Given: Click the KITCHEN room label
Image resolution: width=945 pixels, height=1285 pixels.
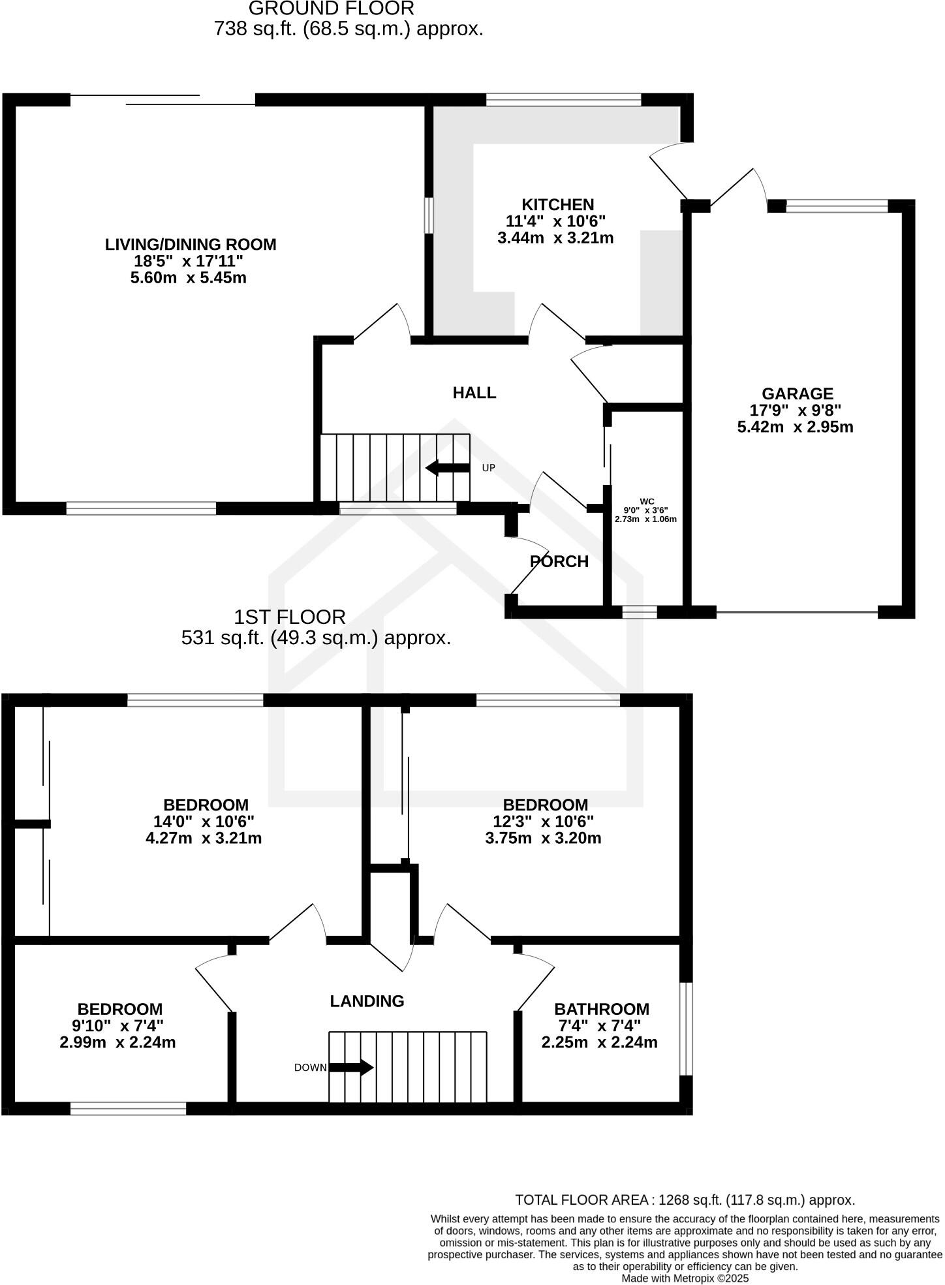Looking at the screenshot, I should point(557,205).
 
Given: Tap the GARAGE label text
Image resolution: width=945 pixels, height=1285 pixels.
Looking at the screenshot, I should point(797,394).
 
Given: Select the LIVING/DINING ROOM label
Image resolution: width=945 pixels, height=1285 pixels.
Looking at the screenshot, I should point(191,245).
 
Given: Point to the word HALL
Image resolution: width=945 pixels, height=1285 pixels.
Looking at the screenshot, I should point(474,393).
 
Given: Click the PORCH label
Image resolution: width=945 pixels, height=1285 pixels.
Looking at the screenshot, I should point(559,562).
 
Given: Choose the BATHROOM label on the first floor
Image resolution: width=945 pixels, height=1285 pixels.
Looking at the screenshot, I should point(601,1010).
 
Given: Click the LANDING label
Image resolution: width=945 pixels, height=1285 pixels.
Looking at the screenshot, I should point(367,1001).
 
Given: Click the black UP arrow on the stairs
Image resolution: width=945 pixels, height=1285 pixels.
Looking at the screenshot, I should point(448,468).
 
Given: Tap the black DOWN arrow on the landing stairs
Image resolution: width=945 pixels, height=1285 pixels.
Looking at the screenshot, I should point(351,1068).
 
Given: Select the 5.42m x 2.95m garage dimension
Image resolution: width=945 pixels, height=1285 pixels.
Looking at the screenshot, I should point(795,427).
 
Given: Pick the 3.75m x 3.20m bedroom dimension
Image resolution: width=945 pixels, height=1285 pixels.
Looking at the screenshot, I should point(543,838).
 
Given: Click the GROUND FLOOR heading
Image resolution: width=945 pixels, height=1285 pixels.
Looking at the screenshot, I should point(331,8).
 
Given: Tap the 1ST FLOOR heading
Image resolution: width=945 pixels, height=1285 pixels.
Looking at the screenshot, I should point(290,617).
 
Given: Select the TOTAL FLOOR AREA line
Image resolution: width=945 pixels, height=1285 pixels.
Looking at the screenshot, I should point(685,1200).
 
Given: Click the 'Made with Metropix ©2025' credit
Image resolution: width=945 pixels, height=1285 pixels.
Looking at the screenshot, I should point(685,1278).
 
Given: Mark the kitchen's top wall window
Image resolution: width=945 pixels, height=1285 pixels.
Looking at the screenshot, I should point(564,100).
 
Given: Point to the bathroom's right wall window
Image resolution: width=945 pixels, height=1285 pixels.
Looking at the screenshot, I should point(686,1028).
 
